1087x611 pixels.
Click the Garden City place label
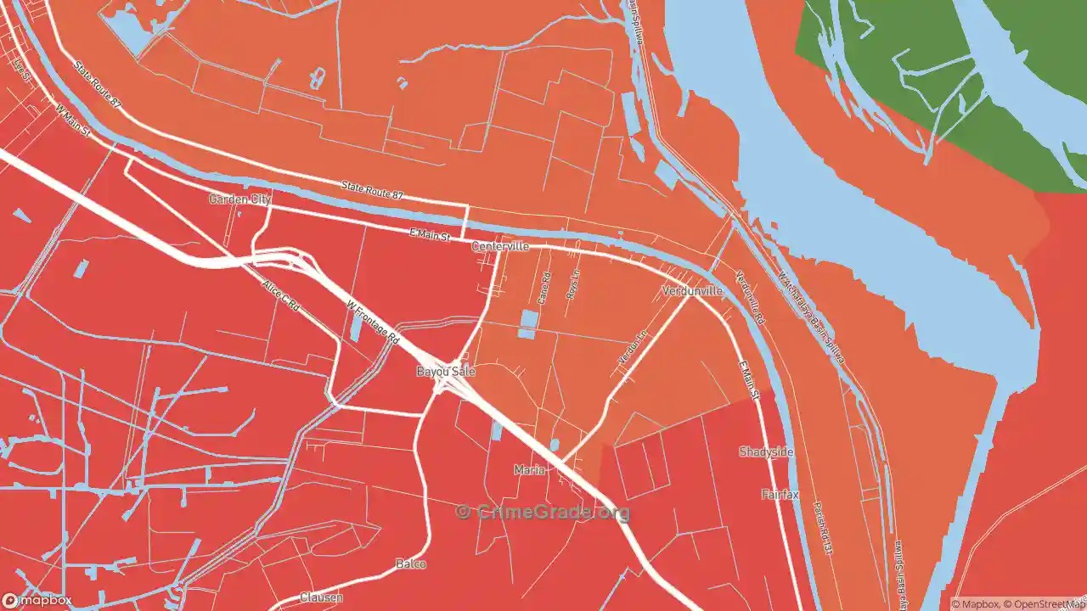239,199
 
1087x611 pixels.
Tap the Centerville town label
500,246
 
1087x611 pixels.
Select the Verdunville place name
692,291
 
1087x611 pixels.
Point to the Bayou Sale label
446,372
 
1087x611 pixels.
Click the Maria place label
529,469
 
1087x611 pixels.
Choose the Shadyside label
766,452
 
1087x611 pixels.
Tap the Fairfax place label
780,495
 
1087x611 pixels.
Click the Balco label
411,563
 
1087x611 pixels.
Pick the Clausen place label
322,597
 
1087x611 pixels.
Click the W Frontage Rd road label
373,321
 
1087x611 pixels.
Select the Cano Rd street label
544,289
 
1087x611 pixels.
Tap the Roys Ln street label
572,283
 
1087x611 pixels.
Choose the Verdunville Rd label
750,298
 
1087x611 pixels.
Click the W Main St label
72,121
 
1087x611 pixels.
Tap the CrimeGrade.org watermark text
543,512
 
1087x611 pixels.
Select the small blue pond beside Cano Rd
527,323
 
